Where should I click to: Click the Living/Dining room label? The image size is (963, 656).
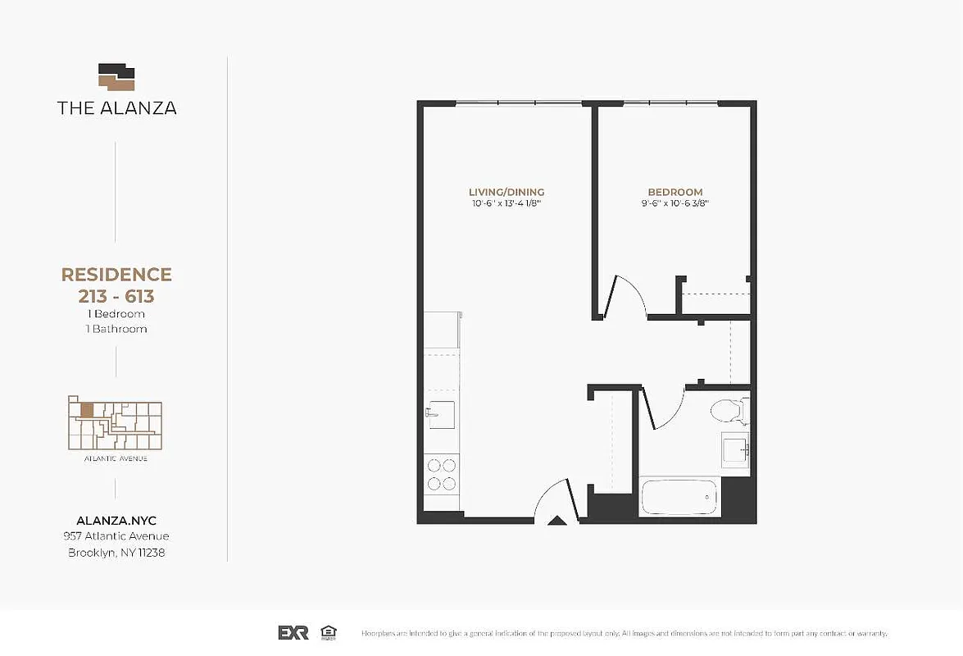[x=506, y=192]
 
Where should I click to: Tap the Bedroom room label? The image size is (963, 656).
[x=676, y=192]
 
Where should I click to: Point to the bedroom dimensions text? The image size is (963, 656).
[x=676, y=204]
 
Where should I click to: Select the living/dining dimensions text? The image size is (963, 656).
[x=506, y=204]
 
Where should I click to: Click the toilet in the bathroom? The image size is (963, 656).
[x=728, y=410]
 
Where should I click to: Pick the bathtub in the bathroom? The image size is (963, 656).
[x=679, y=498]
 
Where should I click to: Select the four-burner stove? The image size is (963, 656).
[x=442, y=473]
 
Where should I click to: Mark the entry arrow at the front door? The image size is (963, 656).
[x=556, y=519]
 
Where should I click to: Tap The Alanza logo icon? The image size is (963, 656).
[x=116, y=77]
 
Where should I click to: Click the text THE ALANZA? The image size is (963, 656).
[x=116, y=107]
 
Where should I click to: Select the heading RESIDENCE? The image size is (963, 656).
[x=116, y=275]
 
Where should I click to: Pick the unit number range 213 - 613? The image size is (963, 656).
[x=116, y=296]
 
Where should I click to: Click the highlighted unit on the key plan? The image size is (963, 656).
[x=86, y=408]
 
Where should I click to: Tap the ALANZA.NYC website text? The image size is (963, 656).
[x=116, y=521]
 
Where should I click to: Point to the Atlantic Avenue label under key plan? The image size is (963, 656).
[x=116, y=458]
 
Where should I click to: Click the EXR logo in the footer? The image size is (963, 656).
[x=293, y=632]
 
